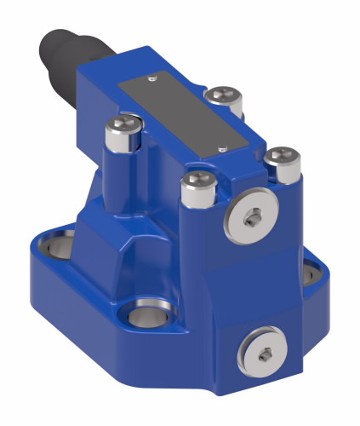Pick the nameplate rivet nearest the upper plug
click(x=220, y=147)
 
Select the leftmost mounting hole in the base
click(x=55, y=250)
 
